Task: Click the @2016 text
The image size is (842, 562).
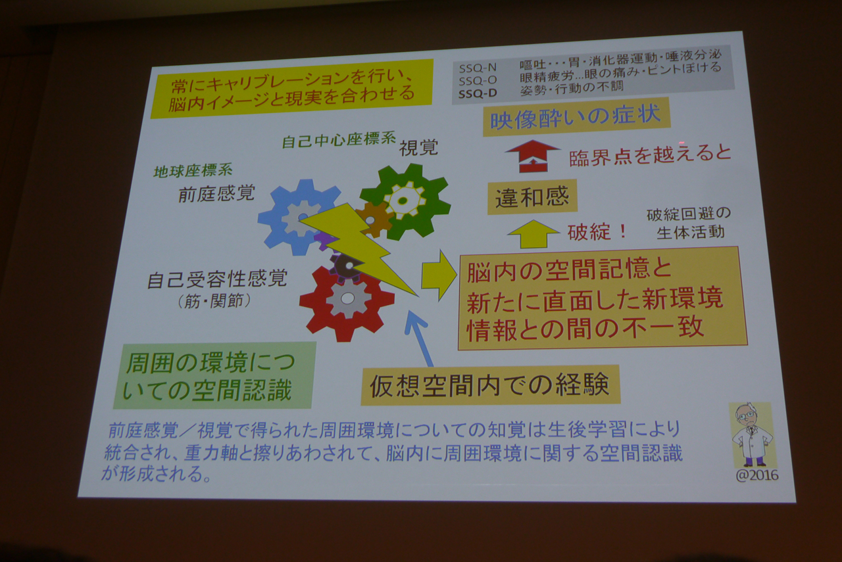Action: tap(757, 476)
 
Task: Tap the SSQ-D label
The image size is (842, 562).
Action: tap(478, 93)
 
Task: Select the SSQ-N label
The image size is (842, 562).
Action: tap(478, 68)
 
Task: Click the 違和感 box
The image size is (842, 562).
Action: tap(532, 197)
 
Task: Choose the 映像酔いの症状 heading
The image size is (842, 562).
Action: tap(576, 117)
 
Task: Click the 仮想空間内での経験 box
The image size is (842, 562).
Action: tap(490, 385)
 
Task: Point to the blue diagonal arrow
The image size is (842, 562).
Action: tap(418, 338)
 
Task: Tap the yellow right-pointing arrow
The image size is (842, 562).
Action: tap(439, 275)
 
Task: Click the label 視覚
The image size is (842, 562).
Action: tap(418, 148)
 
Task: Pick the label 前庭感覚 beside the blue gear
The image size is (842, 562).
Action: tap(216, 193)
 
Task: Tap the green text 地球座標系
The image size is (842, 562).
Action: tap(193, 171)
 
